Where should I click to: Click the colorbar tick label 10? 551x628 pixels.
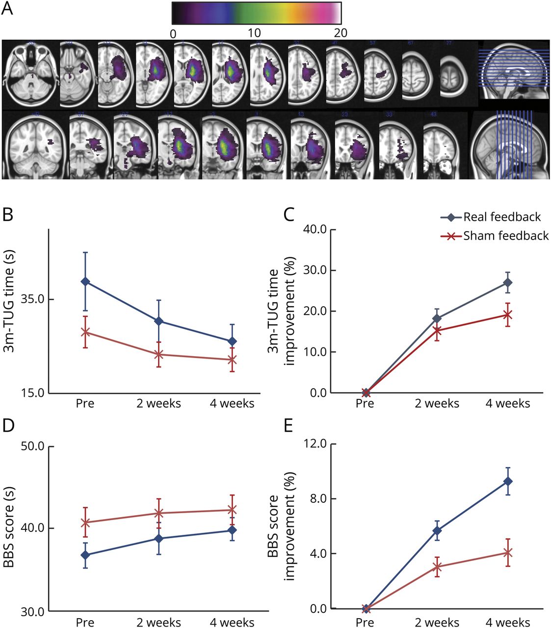[254, 33]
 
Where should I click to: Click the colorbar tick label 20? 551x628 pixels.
[340, 33]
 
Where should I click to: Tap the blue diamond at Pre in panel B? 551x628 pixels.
[85, 281]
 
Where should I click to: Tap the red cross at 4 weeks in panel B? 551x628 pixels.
[232, 360]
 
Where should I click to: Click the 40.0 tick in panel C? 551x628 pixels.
[315, 230]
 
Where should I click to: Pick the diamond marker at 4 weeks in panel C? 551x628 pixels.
[508, 283]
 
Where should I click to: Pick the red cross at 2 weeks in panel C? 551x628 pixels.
[437, 330]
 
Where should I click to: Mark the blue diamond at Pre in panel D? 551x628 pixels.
[85, 555]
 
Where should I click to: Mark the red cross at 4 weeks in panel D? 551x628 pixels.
[232, 510]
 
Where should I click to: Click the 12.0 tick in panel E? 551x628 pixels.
[315, 444]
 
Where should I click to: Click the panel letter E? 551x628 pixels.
[288, 426]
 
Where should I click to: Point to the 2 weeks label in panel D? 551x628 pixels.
[158, 623]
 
